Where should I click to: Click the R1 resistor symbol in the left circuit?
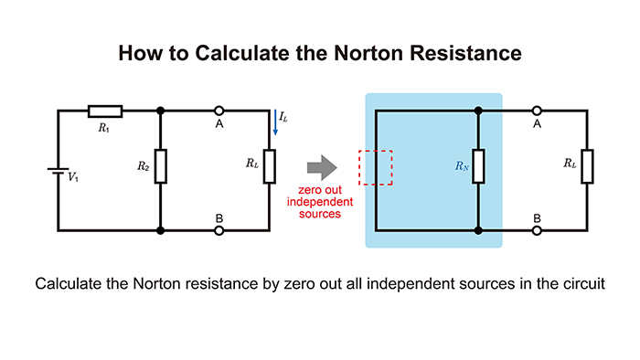point(104,111)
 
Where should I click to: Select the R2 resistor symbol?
point(161,166)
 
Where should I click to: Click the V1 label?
point(73,175)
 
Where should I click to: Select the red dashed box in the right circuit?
point(376,167)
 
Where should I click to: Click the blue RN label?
point(464,167)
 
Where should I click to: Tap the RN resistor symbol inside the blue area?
point(478,166)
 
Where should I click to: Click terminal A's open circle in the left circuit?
point(219,111)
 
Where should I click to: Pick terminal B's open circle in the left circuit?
point(219,231)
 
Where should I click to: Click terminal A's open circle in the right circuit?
point(537,111)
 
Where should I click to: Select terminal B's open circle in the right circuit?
point(537,231)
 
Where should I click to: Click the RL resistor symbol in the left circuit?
point(270,166)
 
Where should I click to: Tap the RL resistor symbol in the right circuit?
point(588,166)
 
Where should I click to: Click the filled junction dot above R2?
point(161,111)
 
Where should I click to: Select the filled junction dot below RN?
point(478,231)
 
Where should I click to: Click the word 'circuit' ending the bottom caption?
point(580,283)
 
